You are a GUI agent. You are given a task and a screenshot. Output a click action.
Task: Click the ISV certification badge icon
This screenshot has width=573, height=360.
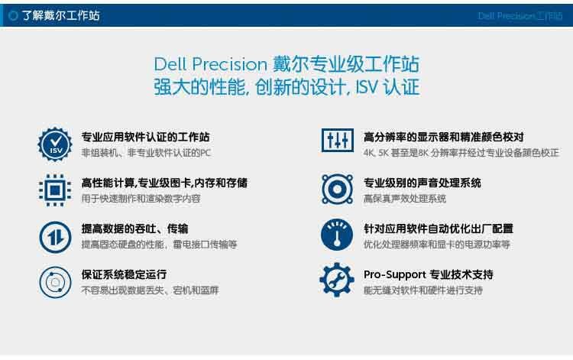tap(55, 144)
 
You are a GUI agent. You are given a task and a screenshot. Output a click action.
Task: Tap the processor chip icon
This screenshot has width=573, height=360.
tap(55, 190)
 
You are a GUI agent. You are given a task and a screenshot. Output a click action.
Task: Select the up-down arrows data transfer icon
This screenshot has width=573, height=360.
tap(55, 237)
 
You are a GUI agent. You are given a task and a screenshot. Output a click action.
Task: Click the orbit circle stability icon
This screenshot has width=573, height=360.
tap(55, 282)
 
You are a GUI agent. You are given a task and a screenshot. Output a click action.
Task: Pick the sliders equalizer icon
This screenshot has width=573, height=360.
tap(337, 140)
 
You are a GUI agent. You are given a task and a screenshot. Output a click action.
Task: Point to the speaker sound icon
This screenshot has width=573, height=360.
tap(337, 190)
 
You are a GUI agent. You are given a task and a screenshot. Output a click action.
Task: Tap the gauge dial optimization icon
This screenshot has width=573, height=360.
tap(337, 235)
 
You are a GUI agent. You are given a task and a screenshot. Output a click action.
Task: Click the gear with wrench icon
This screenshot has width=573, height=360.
tap(337, 280)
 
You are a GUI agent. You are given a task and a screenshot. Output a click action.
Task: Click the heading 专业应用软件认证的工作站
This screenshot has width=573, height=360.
tap(145, 137)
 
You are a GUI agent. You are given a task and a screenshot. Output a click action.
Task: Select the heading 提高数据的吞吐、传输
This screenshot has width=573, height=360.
tap(134, 229)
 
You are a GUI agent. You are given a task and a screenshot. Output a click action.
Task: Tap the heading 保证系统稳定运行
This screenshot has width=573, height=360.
tap(124, 274)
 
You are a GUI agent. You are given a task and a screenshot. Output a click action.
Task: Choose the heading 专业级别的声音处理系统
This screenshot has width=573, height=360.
tap(422, 183)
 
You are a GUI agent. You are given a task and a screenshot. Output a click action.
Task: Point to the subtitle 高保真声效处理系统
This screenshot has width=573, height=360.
tap(404, 199)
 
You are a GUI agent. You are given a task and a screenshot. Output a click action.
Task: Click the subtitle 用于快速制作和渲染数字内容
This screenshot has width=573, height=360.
tap(141, 199)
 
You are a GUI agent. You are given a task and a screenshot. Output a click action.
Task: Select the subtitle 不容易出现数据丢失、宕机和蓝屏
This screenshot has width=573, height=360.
tap(150, 290)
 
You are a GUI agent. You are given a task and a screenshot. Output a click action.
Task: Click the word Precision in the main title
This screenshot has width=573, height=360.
tap(230, 65)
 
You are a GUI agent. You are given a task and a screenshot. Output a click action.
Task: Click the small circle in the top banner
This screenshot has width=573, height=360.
tap(13, 16)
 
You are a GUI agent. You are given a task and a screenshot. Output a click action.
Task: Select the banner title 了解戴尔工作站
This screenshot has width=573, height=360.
tap(60, 16)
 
